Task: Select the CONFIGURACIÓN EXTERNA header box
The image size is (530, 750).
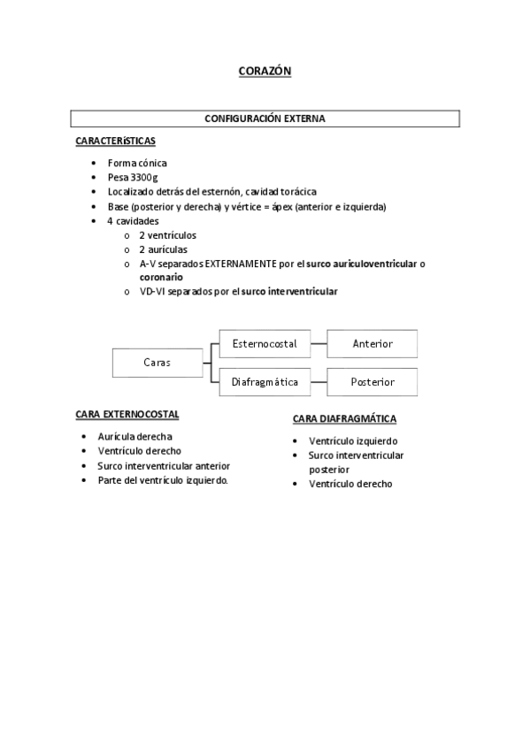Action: (x=265, y=118)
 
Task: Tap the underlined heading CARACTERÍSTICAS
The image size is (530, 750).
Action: (x=117, y=142)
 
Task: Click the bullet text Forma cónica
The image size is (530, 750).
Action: (x=137, y=163)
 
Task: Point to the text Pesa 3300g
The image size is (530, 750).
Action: (x=134, y=177)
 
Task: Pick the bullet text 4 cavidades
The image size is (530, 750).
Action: (x=134, y=220)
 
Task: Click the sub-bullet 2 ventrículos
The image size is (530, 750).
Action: (x=167, y=235)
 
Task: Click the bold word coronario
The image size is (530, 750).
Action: (x=161, y=277)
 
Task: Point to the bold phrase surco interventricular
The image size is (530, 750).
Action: (x=289, y=291)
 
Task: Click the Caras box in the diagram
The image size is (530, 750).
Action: (x=157, y=362)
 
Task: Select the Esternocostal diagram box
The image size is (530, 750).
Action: (x=264, y=343)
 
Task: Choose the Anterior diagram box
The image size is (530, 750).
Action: (x=372, y=343)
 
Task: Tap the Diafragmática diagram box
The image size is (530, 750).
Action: (x=264, y=382)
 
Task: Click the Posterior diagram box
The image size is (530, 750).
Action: (x=372, y=382)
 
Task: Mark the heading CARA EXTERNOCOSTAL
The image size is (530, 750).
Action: (x=127, y=414)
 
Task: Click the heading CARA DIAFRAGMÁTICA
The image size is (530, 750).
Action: (x=344, y=419)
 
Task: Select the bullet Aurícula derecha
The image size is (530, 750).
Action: (x=134, y=436)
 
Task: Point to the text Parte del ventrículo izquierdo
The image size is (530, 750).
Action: (x=163, y=479)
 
